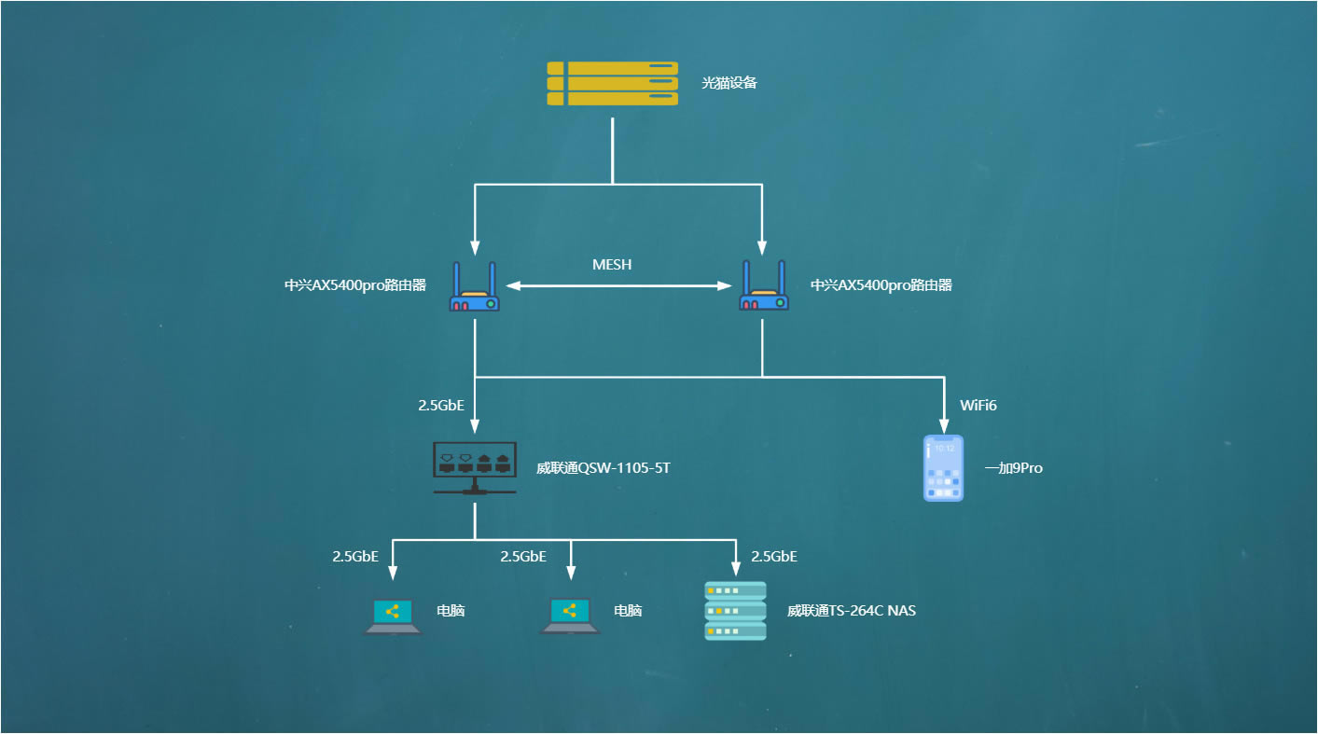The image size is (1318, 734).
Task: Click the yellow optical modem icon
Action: click(613, 84)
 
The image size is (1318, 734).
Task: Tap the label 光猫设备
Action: click(729, 83)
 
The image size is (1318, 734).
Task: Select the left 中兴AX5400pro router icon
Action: click(474, 285)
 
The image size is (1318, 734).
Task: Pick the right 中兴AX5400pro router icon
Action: click(764, 285)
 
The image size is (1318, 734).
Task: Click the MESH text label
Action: click(612, 265)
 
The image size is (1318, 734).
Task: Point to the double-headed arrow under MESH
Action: click(618, 285)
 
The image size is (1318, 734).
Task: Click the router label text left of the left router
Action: click(355, 285)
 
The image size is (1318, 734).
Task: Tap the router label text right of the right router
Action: click(881, 285)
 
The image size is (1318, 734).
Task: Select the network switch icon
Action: click(475, 468)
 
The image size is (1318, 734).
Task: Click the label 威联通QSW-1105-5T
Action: click(604, 468)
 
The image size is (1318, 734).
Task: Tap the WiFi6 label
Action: click(978, 405)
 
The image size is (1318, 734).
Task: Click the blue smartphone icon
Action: click(943, 468)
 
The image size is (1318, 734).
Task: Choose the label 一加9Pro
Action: click(1014, 468)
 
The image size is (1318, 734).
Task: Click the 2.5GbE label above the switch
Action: click(441, 405)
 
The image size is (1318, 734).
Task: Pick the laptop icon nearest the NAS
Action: click(570, 616)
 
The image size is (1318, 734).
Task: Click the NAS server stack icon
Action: click(736, 611)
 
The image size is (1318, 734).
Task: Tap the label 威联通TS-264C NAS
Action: click(852, 611)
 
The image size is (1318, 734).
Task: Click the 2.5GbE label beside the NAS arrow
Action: click(774, 557)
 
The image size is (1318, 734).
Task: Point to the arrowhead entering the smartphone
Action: click(944, 426)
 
